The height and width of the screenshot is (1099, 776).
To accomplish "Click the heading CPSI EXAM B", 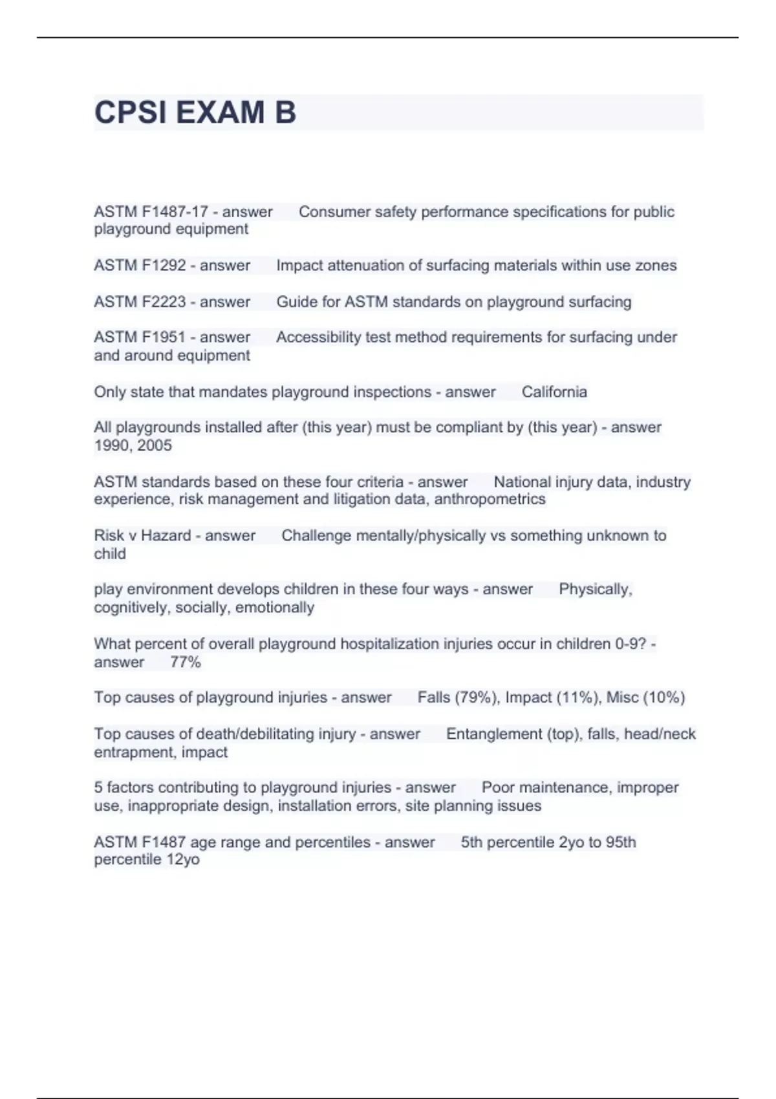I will (x=195, y=112).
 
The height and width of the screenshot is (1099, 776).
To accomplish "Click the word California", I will (x=554, y=392).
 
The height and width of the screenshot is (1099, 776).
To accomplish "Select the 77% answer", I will (x=186, y=662).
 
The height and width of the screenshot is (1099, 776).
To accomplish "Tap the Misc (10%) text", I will (x=645, y=698).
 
